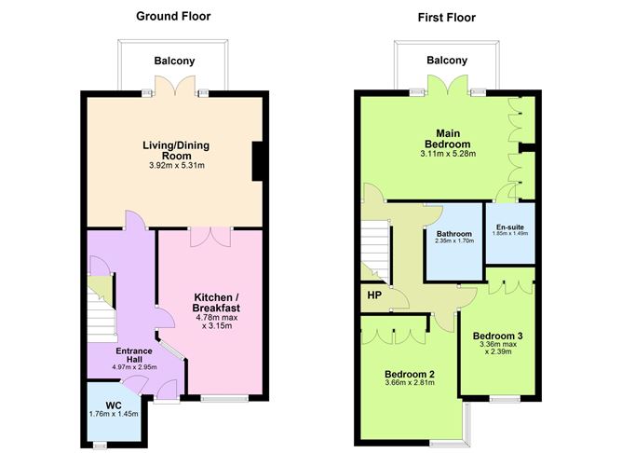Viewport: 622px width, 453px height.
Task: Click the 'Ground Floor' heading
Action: pos(173,16)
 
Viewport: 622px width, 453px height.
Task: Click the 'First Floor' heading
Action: pos(446,16)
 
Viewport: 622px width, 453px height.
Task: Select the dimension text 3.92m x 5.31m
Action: pos(173,166)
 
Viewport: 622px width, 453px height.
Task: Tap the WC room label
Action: pos(114,404)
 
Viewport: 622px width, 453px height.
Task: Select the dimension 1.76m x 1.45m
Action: pos(114,414)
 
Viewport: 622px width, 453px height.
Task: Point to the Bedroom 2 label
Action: pos(411,376)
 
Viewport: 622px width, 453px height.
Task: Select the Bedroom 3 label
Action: pos(496,336)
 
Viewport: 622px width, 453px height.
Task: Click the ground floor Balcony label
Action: pos(174,61)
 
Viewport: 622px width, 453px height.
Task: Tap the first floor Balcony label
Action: pos(446,61)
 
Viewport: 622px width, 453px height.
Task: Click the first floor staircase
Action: pos(374,246)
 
